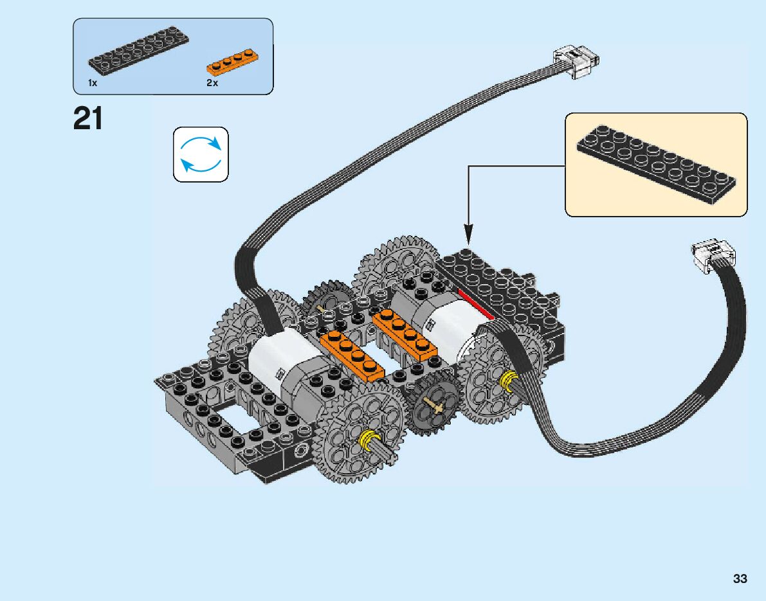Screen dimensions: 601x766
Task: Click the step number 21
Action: coord(88,119)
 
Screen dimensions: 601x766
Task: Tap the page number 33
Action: coord(740,579)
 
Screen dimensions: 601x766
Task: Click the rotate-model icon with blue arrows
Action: coord(201,154)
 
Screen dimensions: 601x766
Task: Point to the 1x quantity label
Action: coord(93,84)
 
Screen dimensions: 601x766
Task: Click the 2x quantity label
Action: coord(212,84)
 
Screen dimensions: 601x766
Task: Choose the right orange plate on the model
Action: coord(405,333)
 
